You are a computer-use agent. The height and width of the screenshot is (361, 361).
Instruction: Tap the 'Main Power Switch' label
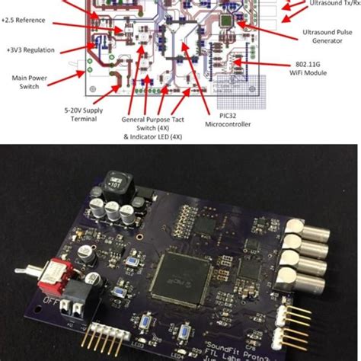28,81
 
